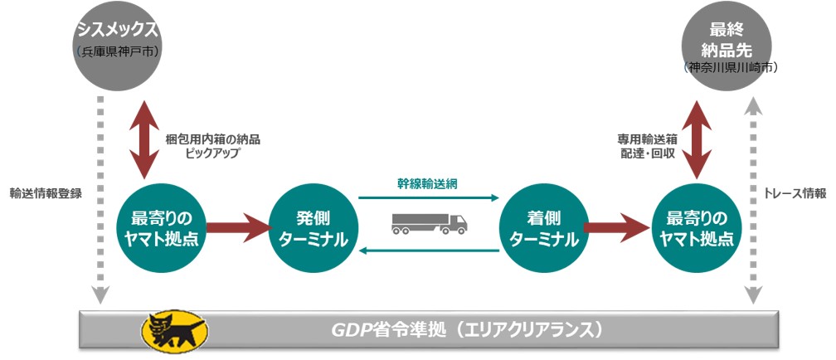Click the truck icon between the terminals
click(429, 221)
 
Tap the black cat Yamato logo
click(175, 330)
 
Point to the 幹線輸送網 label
click(426, 184)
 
